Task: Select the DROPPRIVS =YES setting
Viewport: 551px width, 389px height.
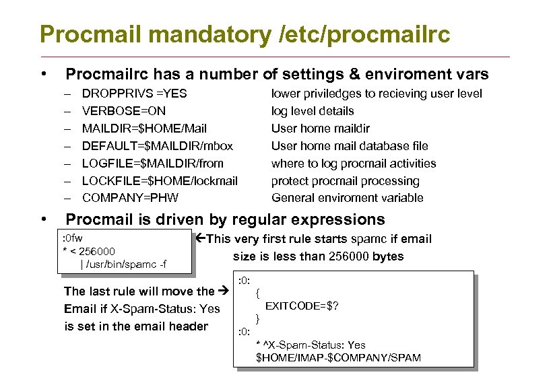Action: [x=134, y=94]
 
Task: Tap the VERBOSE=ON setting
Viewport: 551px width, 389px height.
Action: [x=123, y=111]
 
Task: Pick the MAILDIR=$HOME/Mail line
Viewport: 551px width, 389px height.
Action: [x=144, y=129]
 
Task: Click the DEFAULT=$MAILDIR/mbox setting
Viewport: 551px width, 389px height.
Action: [x=157, y=146]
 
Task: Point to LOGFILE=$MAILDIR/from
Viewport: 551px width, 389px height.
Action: [x=152, y=164]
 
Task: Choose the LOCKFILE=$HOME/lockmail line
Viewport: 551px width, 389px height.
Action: [x=160, y=181]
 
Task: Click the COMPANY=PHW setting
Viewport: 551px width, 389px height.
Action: [x=131, y=198]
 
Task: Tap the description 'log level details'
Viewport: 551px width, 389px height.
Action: [x=313, y=111]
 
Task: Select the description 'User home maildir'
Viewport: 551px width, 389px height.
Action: [x=321, y=129]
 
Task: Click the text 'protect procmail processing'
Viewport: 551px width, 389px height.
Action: [x=345, y=181]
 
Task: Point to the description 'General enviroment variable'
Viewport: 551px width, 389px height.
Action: [x=348, y=198]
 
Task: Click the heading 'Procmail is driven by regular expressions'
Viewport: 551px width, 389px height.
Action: [x=225, y=219]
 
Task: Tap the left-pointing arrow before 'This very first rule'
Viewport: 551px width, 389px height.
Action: [x=201, y=239]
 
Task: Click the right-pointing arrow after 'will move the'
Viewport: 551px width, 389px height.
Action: [x=225, y=291]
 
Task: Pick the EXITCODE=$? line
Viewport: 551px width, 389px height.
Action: [x=302, y=306]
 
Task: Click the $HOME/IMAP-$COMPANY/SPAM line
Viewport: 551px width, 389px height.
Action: [x=338, y=357]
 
